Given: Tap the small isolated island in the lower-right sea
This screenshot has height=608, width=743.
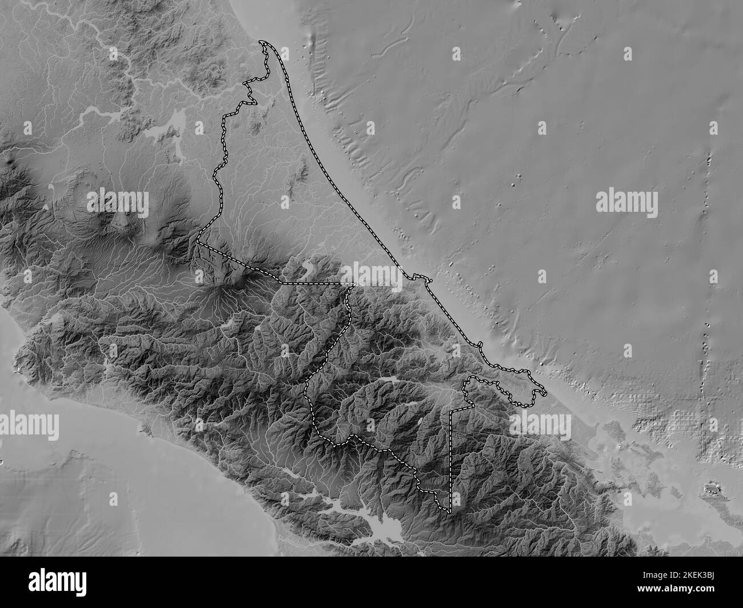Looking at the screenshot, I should (x=712, y=488).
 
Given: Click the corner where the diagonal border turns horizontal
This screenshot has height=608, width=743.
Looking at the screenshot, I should (x=279, y=283).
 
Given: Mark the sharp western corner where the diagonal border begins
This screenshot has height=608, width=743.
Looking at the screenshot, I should (x=197, y=242).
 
